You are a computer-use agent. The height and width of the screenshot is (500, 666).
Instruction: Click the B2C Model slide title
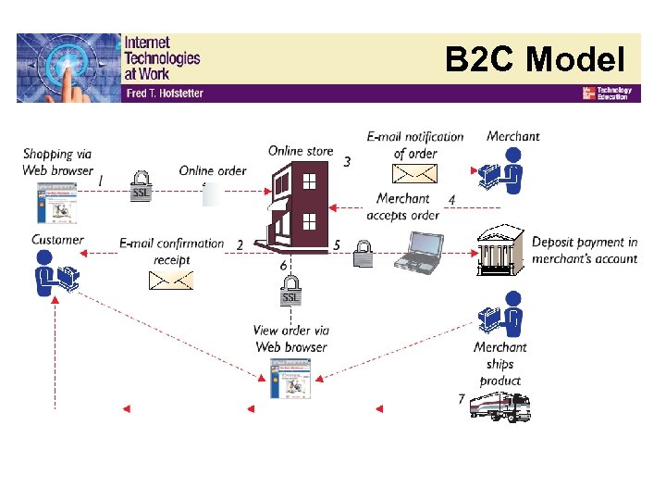click(535, 60)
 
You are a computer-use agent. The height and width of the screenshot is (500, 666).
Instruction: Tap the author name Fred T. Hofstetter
click(164, 94)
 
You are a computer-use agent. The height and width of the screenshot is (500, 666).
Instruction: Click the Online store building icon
click(295, 208)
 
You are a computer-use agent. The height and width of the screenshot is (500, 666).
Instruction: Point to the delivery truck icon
click(499, 406)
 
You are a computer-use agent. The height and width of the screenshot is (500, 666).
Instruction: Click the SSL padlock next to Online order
click(141, 185)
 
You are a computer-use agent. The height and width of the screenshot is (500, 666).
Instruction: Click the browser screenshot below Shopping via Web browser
click(55, 203)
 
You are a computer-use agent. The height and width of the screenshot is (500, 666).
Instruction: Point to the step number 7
click(462, 399)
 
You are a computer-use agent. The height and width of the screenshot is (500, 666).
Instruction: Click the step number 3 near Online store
click(347, 162)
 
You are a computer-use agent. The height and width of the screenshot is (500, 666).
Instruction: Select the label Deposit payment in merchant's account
click(585, 250)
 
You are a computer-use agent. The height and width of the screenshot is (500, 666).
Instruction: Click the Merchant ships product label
click(500, 364)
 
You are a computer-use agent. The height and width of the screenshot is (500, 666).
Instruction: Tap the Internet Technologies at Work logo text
click(162, 57)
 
